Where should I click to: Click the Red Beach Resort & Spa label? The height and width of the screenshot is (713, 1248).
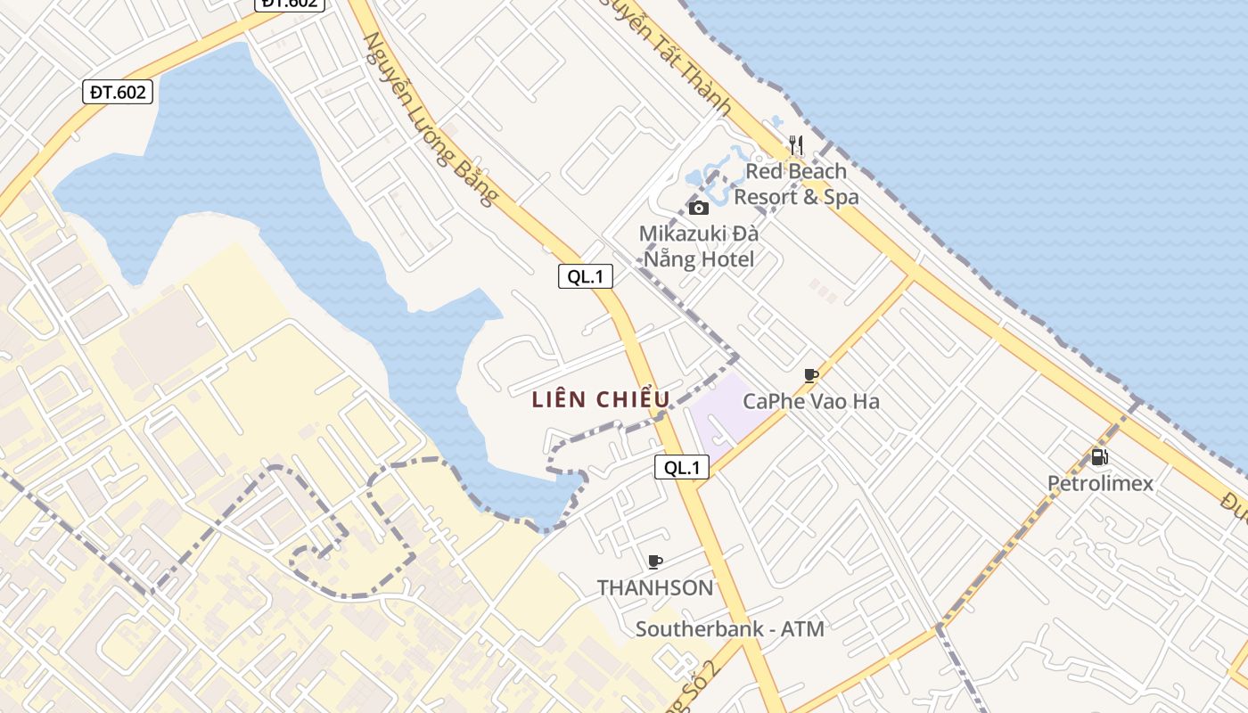pyautogui.click(x=796, y=184)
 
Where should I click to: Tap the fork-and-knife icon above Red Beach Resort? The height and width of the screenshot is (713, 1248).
pyautogui.click(x=796, y=145)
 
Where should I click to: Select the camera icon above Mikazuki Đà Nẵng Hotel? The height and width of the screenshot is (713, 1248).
pyautogui.click(x=699, y=208)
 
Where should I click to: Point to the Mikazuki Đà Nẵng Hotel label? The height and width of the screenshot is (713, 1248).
pyautogui.click(x=699, y=247)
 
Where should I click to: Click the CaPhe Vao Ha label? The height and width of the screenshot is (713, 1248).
pyautogui.click(x=811, y=402)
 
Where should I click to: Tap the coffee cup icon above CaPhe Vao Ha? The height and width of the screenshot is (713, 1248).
pyautogui.click(x=810, y=375)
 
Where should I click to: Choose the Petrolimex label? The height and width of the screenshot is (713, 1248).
pyautogui.click(x=1100, y=484)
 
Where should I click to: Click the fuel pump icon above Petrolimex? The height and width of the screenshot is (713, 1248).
pyautogui.click(x=1100, y=457)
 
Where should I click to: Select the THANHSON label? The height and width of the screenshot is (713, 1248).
pyautogui.click(x=655, y=588)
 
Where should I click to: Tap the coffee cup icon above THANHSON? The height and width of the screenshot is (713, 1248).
pyautogui.click(x=655, y=561)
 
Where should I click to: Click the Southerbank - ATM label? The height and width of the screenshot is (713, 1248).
pyautogui.click(x=729, y=629)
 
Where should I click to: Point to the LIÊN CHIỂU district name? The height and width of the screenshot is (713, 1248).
pyautogui.click(x=600, y=400)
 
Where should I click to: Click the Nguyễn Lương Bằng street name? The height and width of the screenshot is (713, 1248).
pyautogui.click(x=429, y=119)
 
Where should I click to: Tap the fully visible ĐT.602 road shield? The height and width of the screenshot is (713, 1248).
pyautogui.click(x=118, y=92)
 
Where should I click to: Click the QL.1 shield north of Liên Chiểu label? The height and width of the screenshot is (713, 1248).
pyautogui.click(x=586, y=276)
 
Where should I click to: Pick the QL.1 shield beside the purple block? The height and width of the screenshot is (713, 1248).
pyautogui.click(x=682, y=467)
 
